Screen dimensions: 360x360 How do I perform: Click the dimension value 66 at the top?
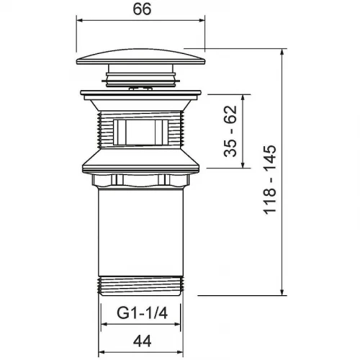(142, 9)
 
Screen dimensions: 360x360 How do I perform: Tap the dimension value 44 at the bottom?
(142, 341)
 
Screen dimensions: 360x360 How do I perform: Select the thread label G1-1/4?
(142, 313)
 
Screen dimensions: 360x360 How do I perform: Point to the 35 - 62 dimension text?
(230, 131)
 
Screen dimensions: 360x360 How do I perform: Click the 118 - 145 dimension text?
(270, 179)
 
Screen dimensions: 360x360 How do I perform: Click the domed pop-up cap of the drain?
(141, 57)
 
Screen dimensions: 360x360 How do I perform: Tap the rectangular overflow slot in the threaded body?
(140, 132)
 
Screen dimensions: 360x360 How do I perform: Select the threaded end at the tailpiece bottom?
(141, 286)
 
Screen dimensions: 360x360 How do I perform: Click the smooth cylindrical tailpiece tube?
(141, 232)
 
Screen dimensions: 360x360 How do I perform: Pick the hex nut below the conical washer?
(140, 181)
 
